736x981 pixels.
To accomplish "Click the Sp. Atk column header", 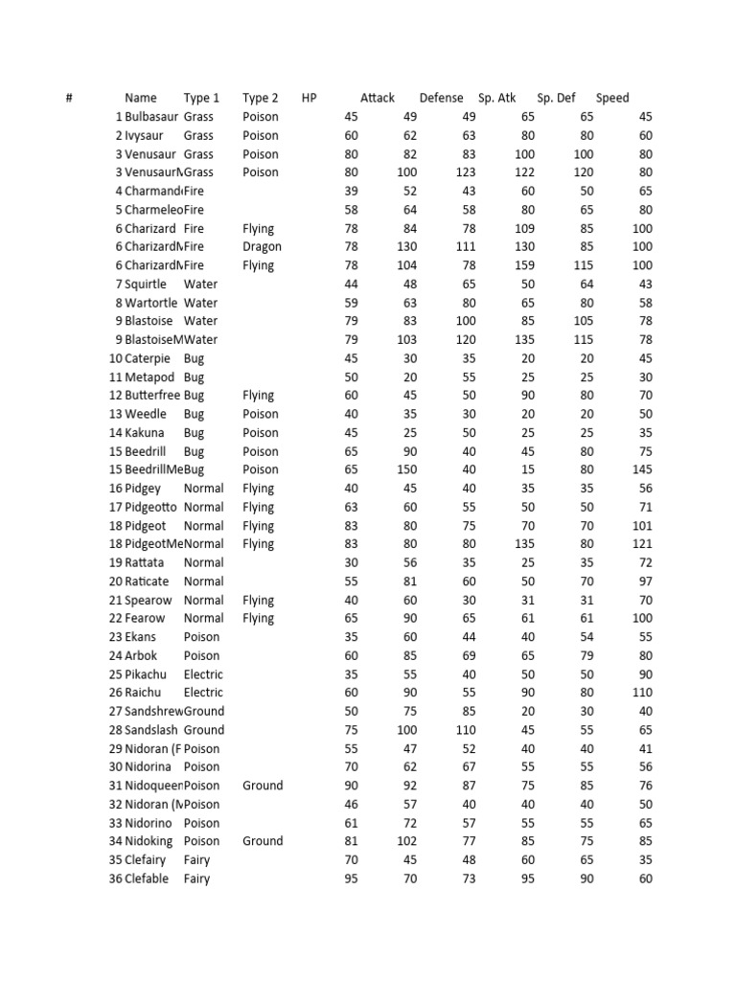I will click(496, 98).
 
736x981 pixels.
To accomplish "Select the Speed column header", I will click(612, 98).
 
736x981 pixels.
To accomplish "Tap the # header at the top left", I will click(70, 98).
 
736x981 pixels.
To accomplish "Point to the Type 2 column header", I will click(261, 98).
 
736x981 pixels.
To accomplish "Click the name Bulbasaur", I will click(151, 117).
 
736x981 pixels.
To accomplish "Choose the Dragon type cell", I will click(262, 247).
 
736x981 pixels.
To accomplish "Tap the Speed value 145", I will click(641, 469).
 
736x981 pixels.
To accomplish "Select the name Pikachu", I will click(149, 673).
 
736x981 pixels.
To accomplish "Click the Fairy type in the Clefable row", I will click(196, 878).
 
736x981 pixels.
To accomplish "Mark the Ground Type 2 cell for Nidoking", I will click(263, 841).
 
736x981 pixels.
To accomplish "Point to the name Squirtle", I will click(146, 285).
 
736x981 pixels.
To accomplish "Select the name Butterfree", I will click(151, 395).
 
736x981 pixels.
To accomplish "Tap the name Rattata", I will click(148, 562).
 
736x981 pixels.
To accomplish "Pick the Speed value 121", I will click(641, 544).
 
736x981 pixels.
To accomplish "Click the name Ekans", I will click(144, 637).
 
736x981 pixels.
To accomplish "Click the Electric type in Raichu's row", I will click(202, 692).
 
